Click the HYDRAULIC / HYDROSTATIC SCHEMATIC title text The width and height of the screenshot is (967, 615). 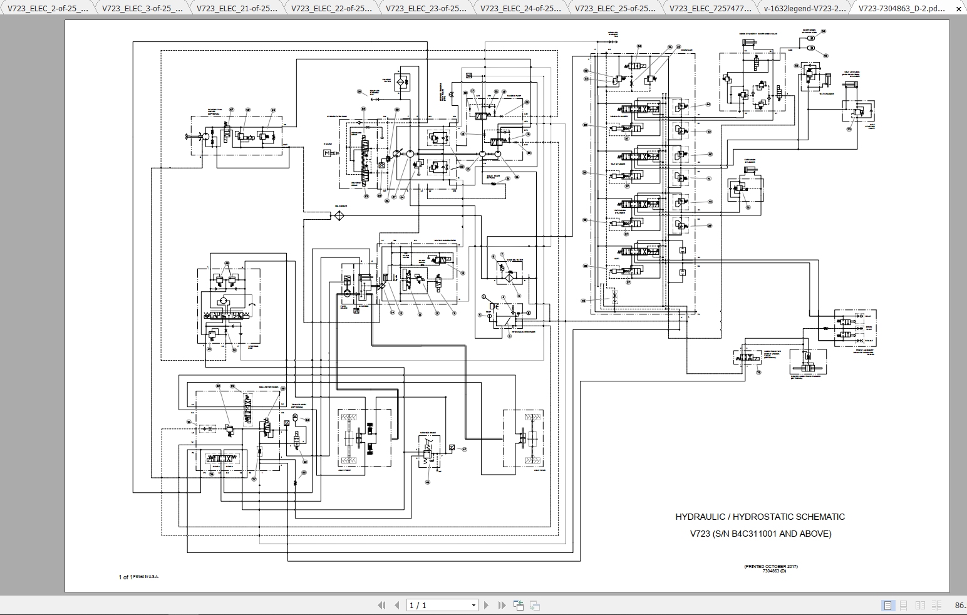[760, 517]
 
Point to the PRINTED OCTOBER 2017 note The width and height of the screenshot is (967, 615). [770, 566]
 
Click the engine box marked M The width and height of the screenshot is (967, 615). [326, 153]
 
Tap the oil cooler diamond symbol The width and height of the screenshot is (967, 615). [339, 215]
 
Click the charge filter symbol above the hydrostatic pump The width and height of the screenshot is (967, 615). [401, 81]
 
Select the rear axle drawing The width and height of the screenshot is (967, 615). [522, 438]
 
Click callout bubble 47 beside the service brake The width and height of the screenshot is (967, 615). [464, 449]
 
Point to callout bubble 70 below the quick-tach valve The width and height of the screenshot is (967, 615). [758, 372]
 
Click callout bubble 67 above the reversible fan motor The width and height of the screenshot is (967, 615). [230, 109]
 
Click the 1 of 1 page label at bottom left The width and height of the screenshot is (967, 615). [125, 577]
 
